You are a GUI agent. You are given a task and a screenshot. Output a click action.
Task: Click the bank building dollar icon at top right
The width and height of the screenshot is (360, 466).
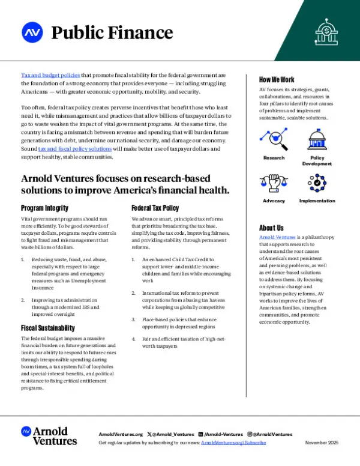pyautogui.click(x=326, y=30)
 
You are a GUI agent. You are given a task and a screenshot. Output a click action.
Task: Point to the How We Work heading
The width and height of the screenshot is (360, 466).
pyautogui.click(x=277, y=80)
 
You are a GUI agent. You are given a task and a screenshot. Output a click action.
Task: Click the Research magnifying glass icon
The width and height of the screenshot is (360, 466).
pyautogui.click(x=274, y=139)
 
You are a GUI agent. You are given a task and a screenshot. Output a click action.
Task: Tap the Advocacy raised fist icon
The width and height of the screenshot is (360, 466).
pyautogui.click(x=274, y=184)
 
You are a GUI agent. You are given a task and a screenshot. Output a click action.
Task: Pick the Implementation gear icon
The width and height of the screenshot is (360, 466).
pyautogui.click(x=317, y=184)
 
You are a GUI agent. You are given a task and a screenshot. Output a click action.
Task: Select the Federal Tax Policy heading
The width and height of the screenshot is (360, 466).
pyautogui.click(x=155, y=208)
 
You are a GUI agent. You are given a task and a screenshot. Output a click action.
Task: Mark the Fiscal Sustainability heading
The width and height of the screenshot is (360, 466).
pyautogui.click(x=48, y=328)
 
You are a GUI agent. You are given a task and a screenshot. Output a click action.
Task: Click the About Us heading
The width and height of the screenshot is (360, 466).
pyautogui.click(x=271, y=228)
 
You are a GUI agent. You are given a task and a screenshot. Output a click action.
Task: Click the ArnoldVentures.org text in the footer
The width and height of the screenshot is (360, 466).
pyautogui.click(x=121, y=434)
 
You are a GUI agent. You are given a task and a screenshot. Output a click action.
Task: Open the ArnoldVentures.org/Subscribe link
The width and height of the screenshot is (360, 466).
pyautogui.click(x=233, y=443)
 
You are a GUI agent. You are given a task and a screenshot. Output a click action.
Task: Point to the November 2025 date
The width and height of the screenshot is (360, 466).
pyautogui.click(x=322, y=443)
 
